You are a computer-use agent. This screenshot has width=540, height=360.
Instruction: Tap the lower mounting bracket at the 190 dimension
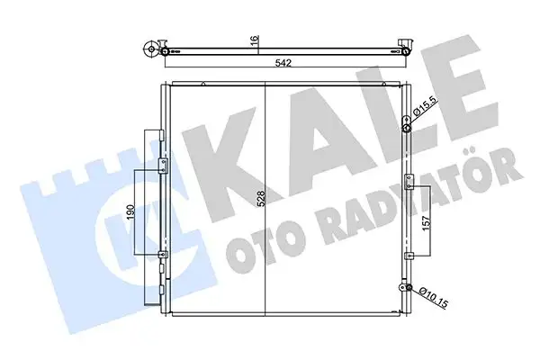pyautogui.click(x=162, y=256)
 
